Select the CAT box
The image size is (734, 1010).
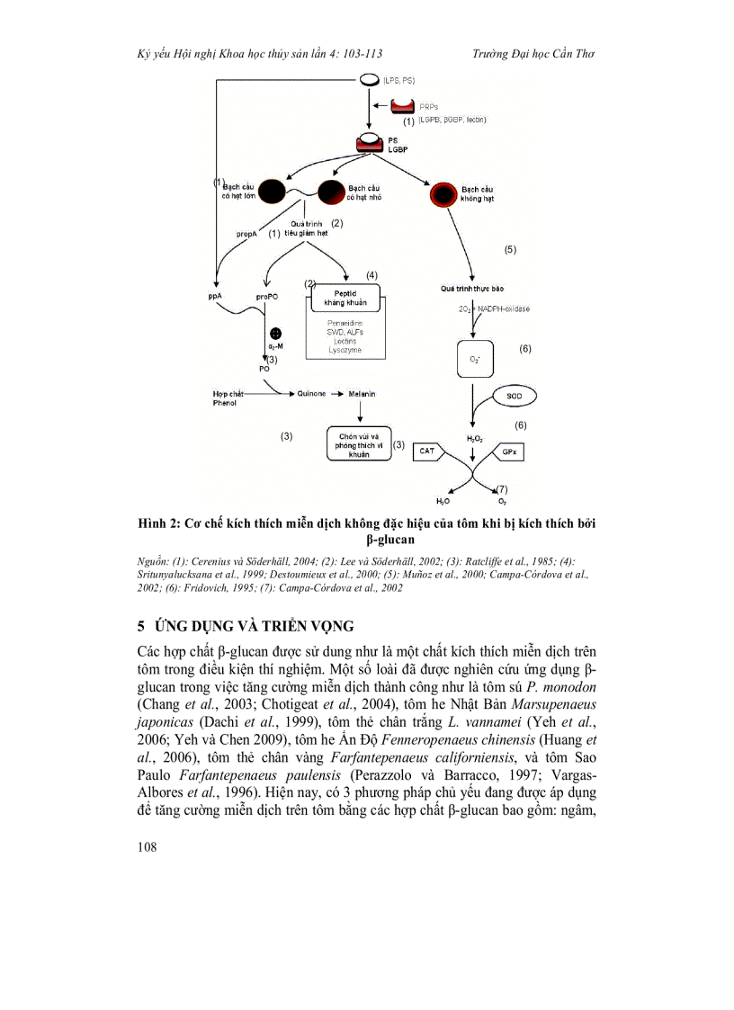[429, 451]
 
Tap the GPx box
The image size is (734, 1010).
[508, 451]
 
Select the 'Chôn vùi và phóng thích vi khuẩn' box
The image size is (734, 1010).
[359, 442]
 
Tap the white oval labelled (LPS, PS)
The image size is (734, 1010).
[369, 81]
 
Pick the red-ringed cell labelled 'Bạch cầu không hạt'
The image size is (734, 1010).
[441, 193]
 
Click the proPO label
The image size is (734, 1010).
[266, 296]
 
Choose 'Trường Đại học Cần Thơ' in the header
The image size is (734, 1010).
[533, 54]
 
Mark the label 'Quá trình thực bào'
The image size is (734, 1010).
[470, 289]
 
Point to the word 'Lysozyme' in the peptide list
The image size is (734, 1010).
[345, 350]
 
